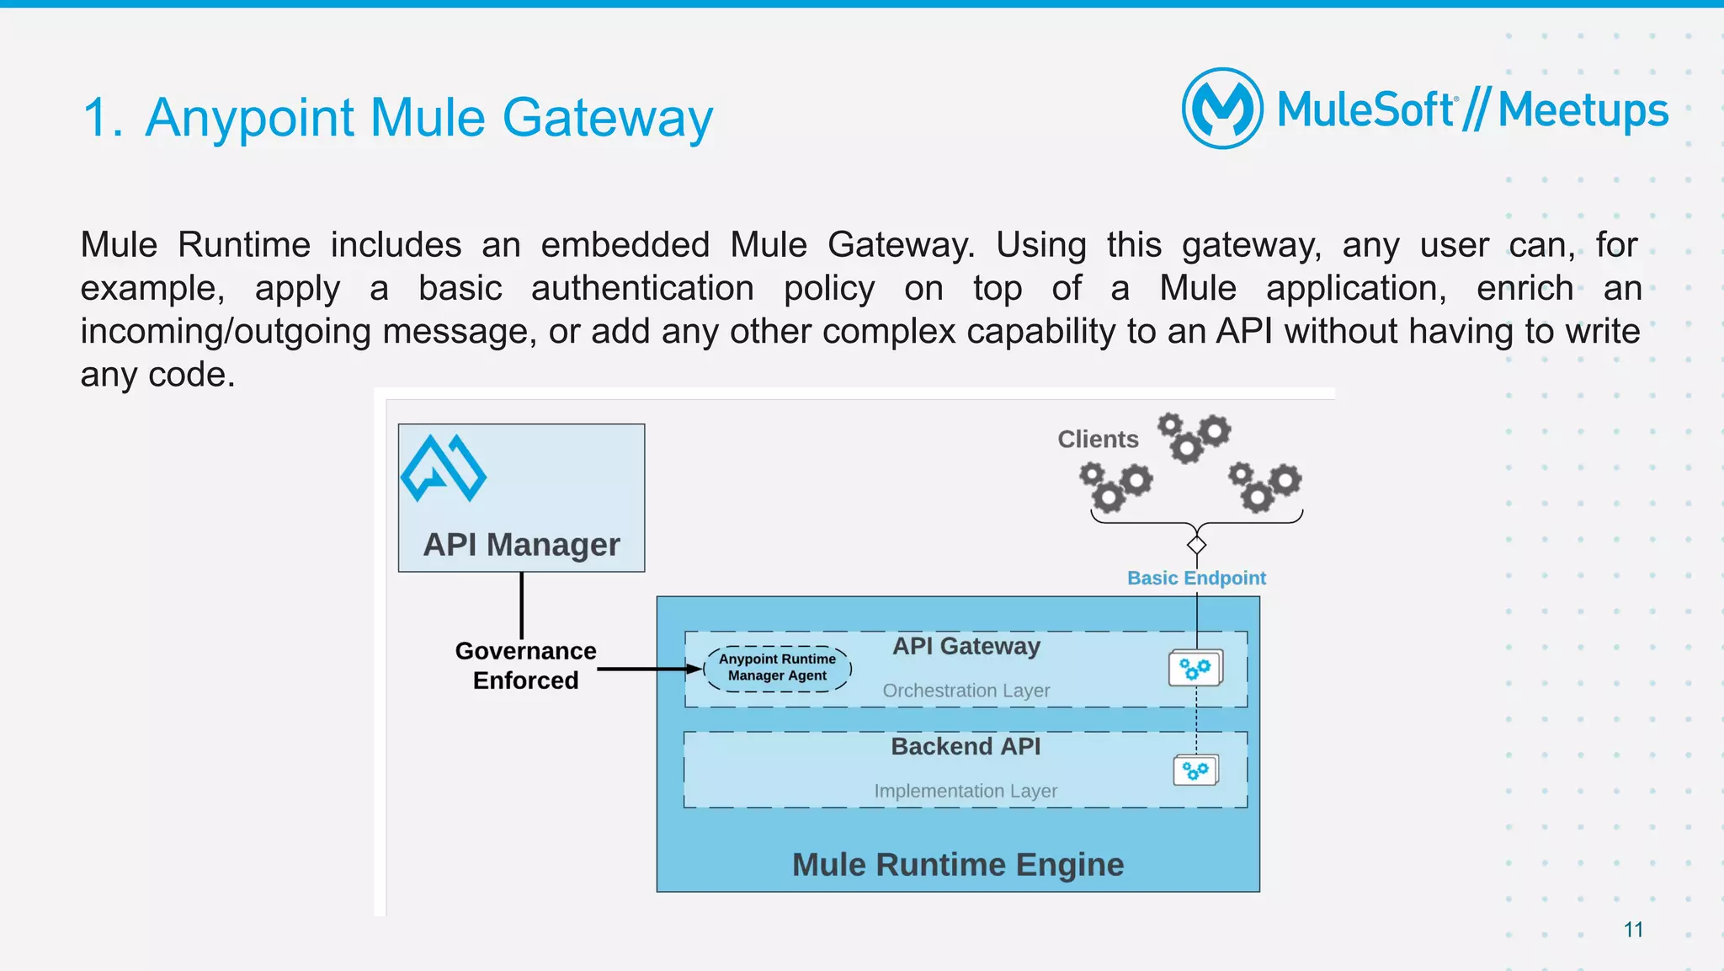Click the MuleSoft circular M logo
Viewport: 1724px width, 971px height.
[1222, 109]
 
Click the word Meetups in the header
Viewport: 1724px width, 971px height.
[1583, 110]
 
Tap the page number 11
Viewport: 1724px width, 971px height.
[1633, 930]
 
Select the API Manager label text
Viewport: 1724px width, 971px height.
[521, 545]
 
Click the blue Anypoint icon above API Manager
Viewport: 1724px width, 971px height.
[444, 468]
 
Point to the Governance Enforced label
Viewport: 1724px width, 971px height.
[525, 665]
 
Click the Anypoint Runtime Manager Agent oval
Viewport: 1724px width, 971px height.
[777, 668]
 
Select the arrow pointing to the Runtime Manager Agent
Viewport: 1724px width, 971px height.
[648, 670]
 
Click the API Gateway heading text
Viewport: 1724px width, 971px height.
[966, 646]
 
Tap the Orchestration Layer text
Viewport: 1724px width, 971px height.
[966, 691]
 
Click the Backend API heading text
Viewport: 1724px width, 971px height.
[966, 746]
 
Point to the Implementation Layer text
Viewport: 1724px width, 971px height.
[966, 791]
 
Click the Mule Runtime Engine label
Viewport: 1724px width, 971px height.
[958, 865]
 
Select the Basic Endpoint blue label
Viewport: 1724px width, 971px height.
[1196, 578]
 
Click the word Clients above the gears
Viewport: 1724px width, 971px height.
[1098, 439]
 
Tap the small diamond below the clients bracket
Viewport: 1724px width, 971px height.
[1196, 545]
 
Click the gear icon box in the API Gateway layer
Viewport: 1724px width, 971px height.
[1195, 669]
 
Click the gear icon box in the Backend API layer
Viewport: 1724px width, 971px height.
[1195, 770]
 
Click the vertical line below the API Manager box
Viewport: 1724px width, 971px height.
[521, 605]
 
